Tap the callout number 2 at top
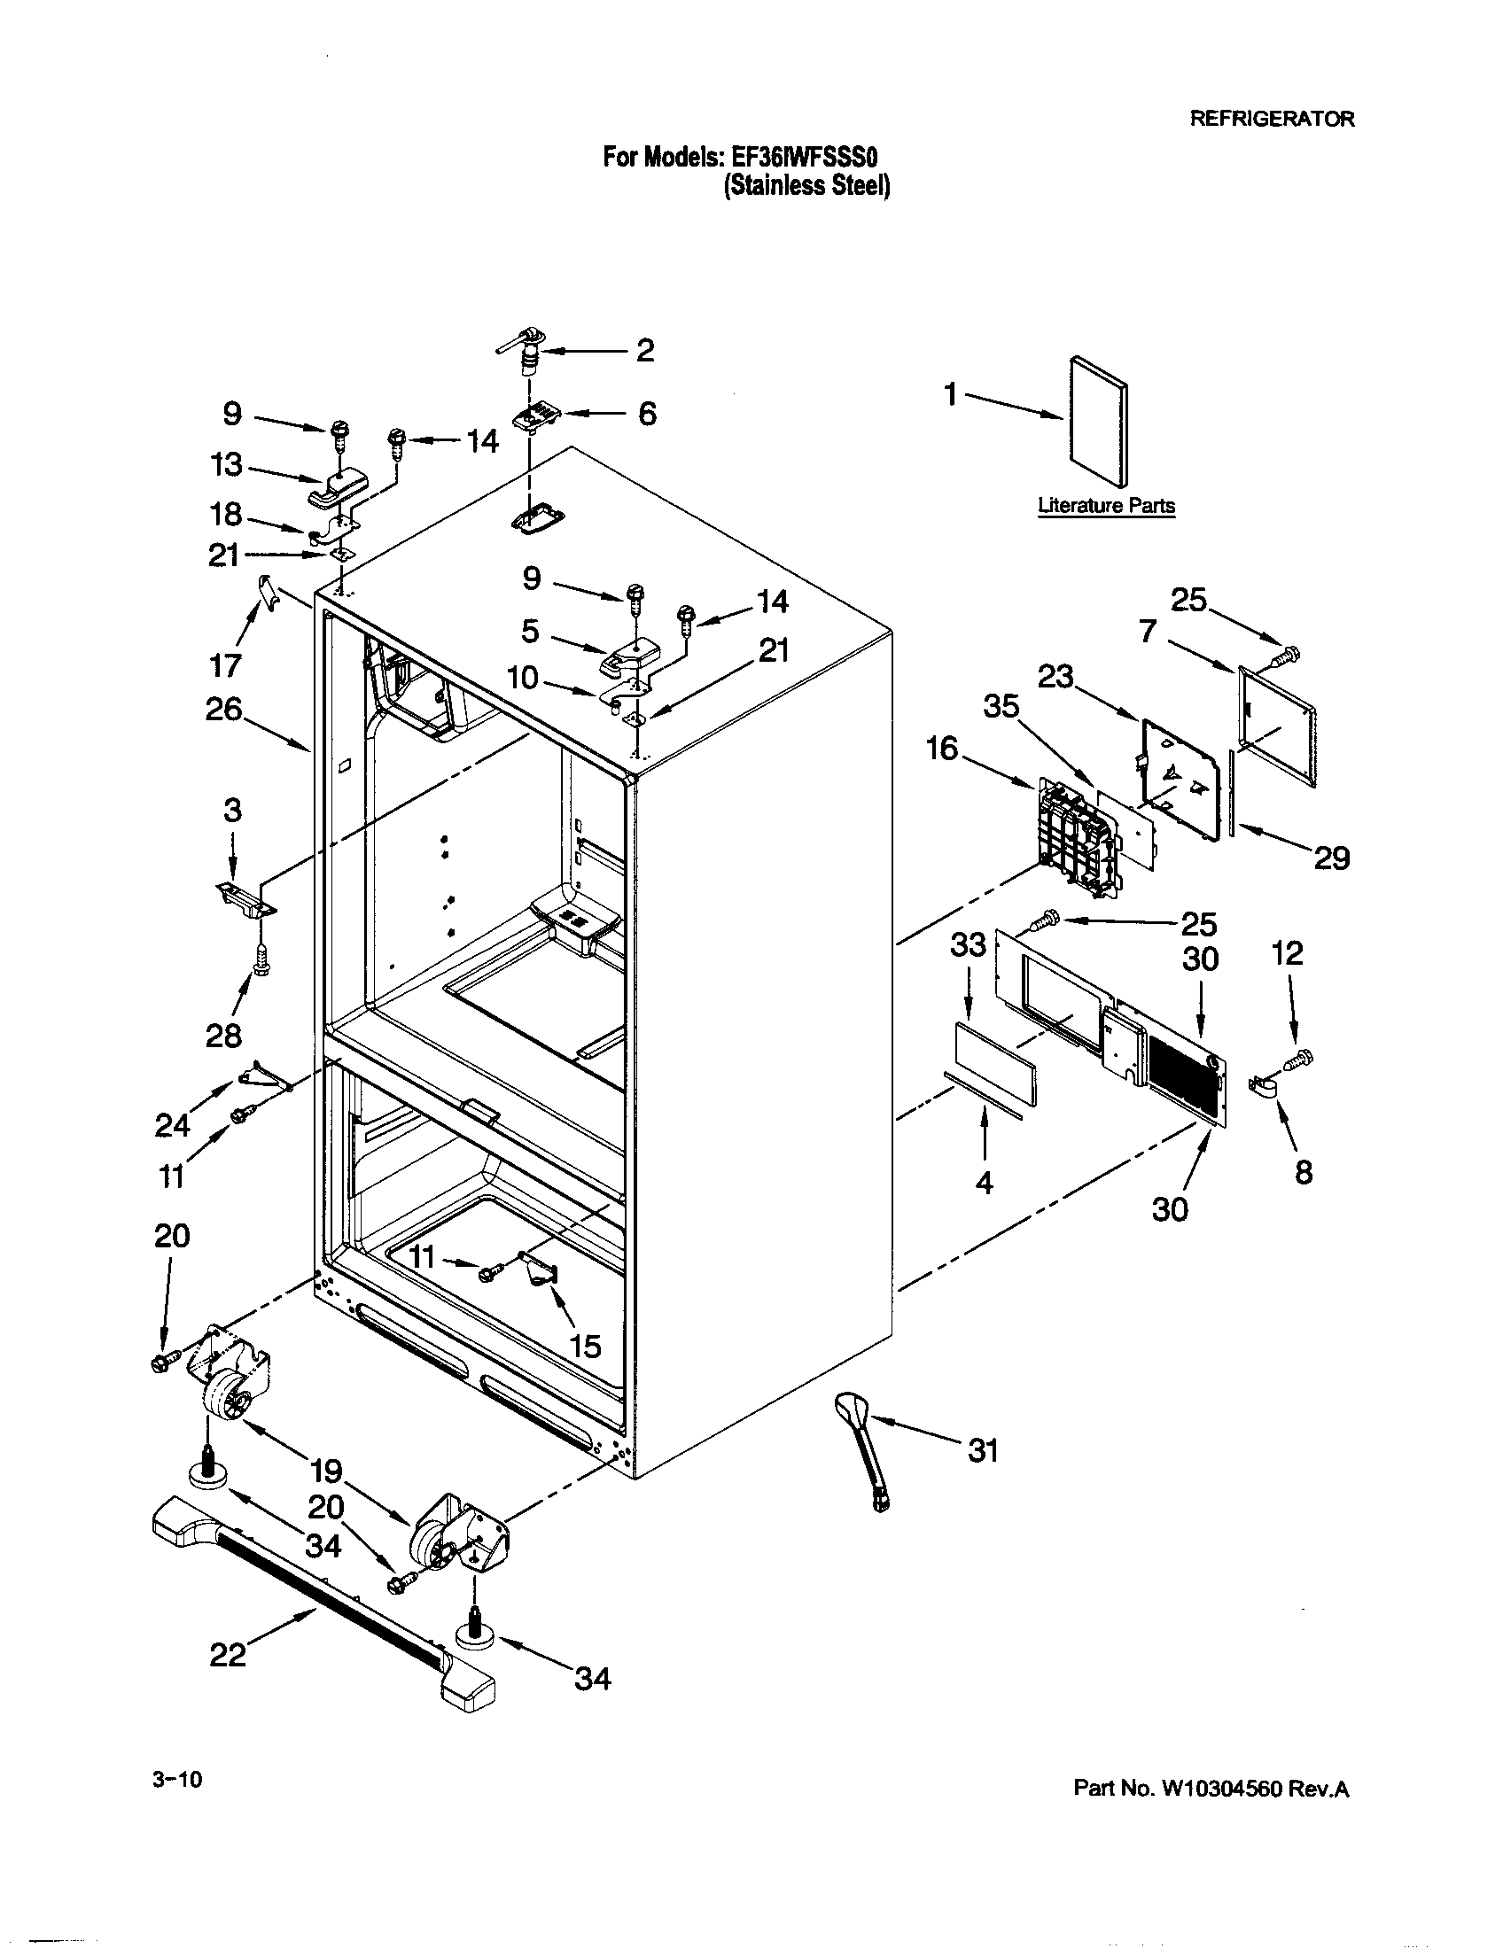tap(645, 350)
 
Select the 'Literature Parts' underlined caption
tap(1106, 506)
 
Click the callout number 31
tap(983, 1452)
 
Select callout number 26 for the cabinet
tap(223, 710)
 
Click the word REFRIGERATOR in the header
tap(1272, 119)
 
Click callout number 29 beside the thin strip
tap(1331, 858)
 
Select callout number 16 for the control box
tap(942, 748)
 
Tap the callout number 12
tap(1286, 954)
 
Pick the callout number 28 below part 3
tap(223, 1037)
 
